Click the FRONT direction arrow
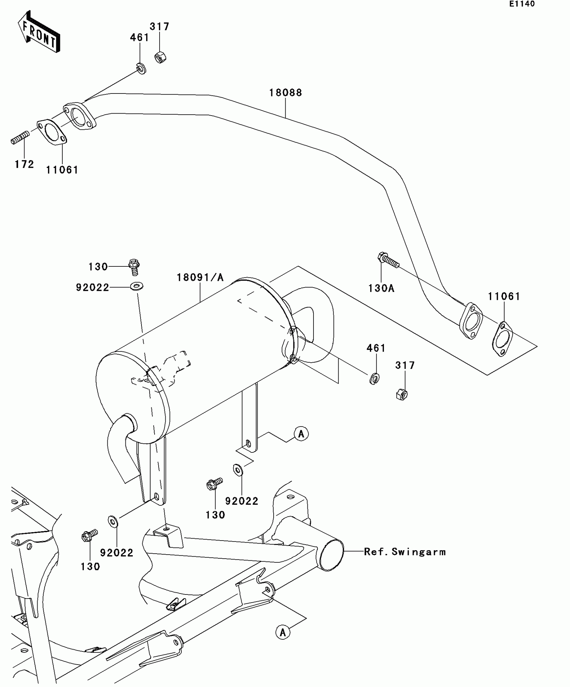pos(39,32)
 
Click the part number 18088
pos(285,92)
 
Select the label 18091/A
pos(200,277)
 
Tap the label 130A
pos(381,288)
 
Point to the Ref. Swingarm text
pos(405,552)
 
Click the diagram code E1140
pos(522,4)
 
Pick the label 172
pos(24,164)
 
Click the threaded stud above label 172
pos(20,138)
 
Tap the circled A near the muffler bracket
pos(301,434)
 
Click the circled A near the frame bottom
pos(283,632)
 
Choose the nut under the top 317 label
pos(160,58)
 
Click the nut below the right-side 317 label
pos(402,395)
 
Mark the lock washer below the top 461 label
pos(142,69)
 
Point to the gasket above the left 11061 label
pos(52,132)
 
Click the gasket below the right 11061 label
pos(502,338)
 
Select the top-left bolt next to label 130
pos(134,267)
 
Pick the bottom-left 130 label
pos(90,566)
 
